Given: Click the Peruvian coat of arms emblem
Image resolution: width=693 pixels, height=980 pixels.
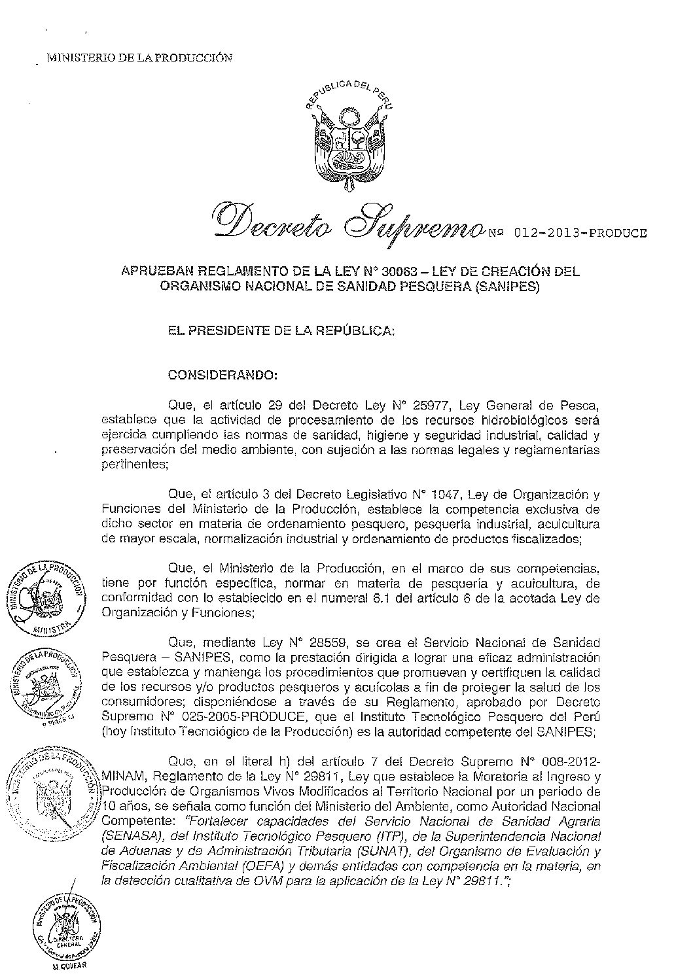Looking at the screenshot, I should click(x=346, y=140).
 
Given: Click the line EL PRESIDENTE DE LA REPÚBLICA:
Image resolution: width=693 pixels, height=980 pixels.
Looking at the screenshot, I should click(x=281, y=332).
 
